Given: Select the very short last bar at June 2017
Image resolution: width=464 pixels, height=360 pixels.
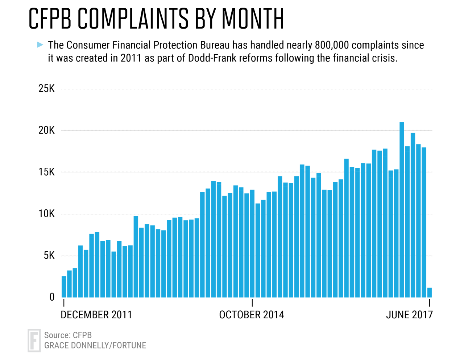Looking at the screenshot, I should pyautogui.click(x=430, y=293).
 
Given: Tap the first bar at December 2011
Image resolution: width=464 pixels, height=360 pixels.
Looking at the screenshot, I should pyautogui.click(x=64, y=287).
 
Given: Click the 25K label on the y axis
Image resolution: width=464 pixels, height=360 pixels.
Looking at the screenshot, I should pyautogui.click(x=46, y=89).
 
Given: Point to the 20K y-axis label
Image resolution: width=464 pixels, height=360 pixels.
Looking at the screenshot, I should pyautogui.click(x=46, y=130).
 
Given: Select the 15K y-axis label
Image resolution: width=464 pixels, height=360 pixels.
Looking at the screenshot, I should pyautogui.click(x=46, y=172).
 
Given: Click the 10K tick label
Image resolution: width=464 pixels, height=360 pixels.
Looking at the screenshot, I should pyautogui.click(x=46, y=214).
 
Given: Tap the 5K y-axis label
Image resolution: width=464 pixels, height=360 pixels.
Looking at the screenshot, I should pyautogui.click(x=49, y=256).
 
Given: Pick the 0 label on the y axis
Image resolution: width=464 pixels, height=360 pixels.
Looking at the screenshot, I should pyautogui.click(x=52, y=297).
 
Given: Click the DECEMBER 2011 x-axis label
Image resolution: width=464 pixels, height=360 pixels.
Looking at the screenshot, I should pyautogui.click(x=96, y=315).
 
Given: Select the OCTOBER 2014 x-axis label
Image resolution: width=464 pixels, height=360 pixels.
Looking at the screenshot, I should pyautogui.click(x=252, y=315).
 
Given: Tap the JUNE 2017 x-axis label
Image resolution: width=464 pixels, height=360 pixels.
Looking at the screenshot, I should pyautogui.click(x=409, y=315).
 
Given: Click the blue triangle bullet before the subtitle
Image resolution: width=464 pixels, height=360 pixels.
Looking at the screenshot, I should pyautogui.click(x=40, y=45).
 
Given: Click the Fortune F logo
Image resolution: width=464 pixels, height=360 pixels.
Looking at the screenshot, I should pyautogui.click(x=34, y=340).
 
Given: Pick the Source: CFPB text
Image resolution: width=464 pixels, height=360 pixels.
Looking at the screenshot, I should pyautogui.click(x=68, y=335).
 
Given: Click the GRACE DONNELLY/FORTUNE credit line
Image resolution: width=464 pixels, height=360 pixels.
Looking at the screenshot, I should pyautogui.click(x=95, y=346).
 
